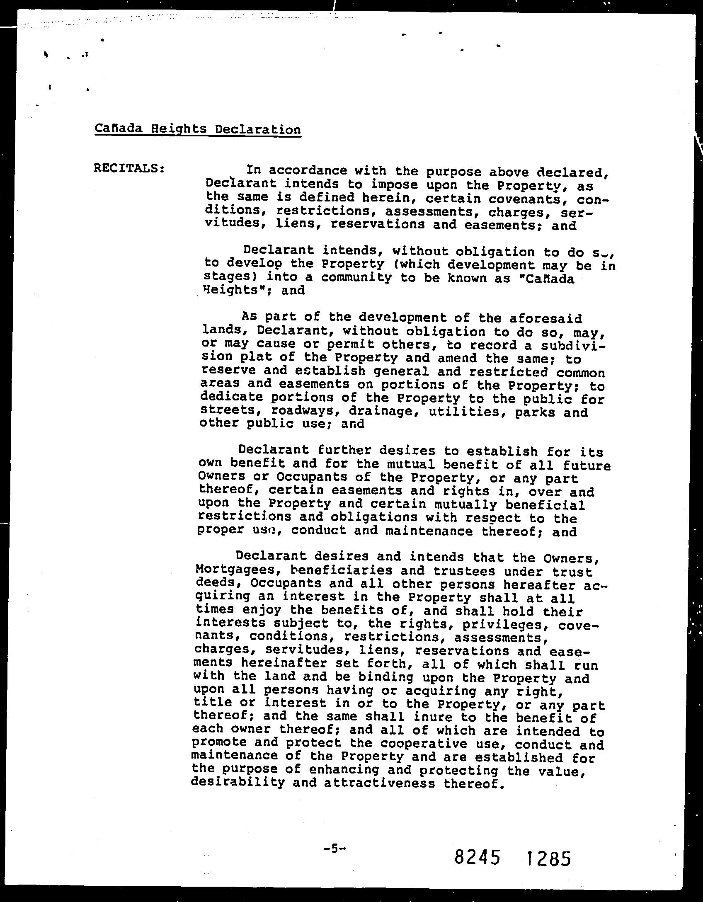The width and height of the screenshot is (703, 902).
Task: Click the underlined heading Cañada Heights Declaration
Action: [198, 129]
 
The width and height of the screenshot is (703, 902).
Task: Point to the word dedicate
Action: [231, 397]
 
